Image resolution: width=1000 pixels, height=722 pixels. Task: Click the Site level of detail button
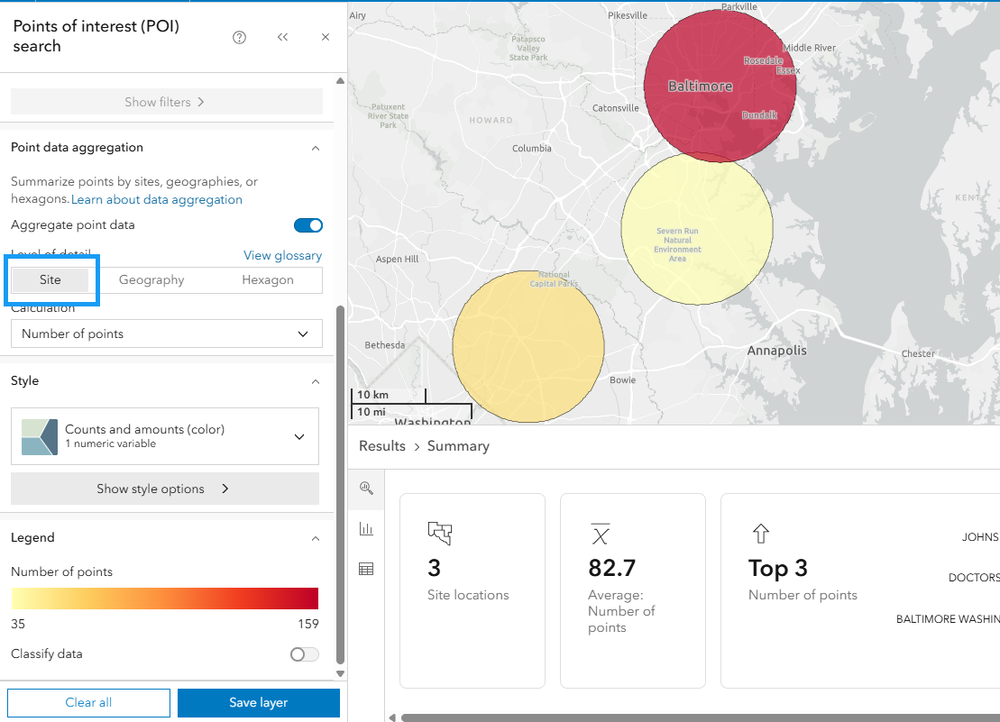pos(50,280)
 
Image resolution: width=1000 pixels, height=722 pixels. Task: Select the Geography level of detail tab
pos(151,280)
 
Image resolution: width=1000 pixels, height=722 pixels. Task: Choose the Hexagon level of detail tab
pos(268,280)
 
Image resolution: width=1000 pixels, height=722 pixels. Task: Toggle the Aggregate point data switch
pos(308,225)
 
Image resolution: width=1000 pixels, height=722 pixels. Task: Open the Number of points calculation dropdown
pos(166,334)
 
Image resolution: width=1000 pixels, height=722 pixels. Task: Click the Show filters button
pos(166,102)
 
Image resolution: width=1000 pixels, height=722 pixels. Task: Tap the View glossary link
pos(282,256)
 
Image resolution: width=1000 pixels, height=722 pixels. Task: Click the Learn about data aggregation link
pos(157,200)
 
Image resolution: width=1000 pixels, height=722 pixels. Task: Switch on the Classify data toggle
pos(304,654)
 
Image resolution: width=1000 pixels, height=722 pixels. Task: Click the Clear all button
pos(88,703)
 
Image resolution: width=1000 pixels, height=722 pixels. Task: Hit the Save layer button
pos(258,703)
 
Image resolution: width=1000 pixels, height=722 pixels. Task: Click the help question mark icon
pos(239,37)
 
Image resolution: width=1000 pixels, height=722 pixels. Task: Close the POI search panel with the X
pos(326,37)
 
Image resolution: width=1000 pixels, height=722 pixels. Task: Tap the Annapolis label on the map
pos(776,351)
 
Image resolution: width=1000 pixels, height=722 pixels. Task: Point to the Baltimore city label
pos(700,87)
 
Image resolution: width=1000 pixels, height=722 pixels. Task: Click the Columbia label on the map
pos(531,149)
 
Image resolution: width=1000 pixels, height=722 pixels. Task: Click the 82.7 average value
pos(611,568)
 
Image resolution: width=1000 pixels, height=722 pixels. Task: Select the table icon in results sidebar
pos(366,569)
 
